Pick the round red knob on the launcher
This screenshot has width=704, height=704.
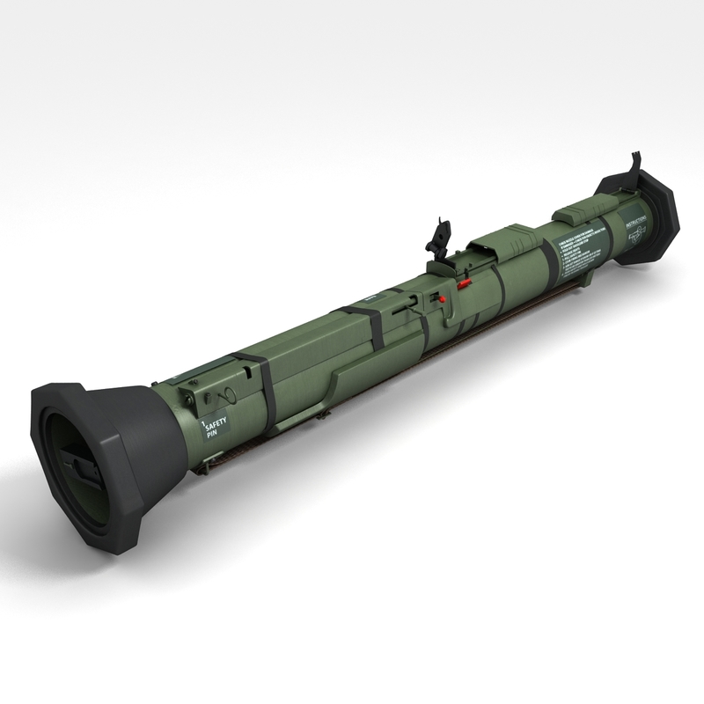point(444,299)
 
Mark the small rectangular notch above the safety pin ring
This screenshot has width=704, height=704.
point(191,384)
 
